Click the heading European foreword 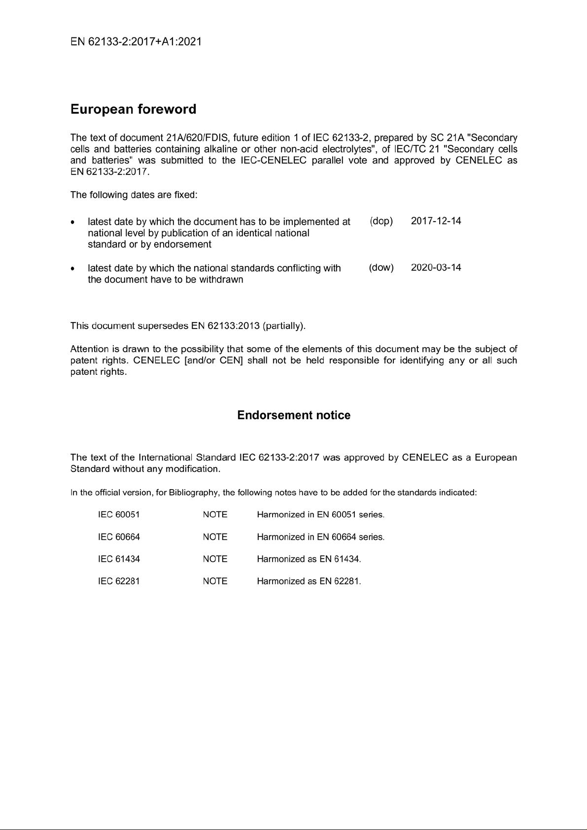click(133, 109)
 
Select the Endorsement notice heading click(294, 415)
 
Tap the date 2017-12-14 click(436, 221)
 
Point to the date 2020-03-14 click(436, 268)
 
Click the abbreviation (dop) click(381, 221)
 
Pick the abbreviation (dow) click(381, 268)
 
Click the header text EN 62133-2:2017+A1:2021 click(136, 42)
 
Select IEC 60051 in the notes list click(119, 515)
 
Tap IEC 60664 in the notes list click(119, 537)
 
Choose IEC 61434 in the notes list click(119, 559)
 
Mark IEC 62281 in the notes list click(119, 581)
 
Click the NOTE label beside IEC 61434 click(215, 559)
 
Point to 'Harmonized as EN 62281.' click(309, 581)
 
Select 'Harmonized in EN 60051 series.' click(320, 515)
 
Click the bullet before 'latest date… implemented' click(73, 223)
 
